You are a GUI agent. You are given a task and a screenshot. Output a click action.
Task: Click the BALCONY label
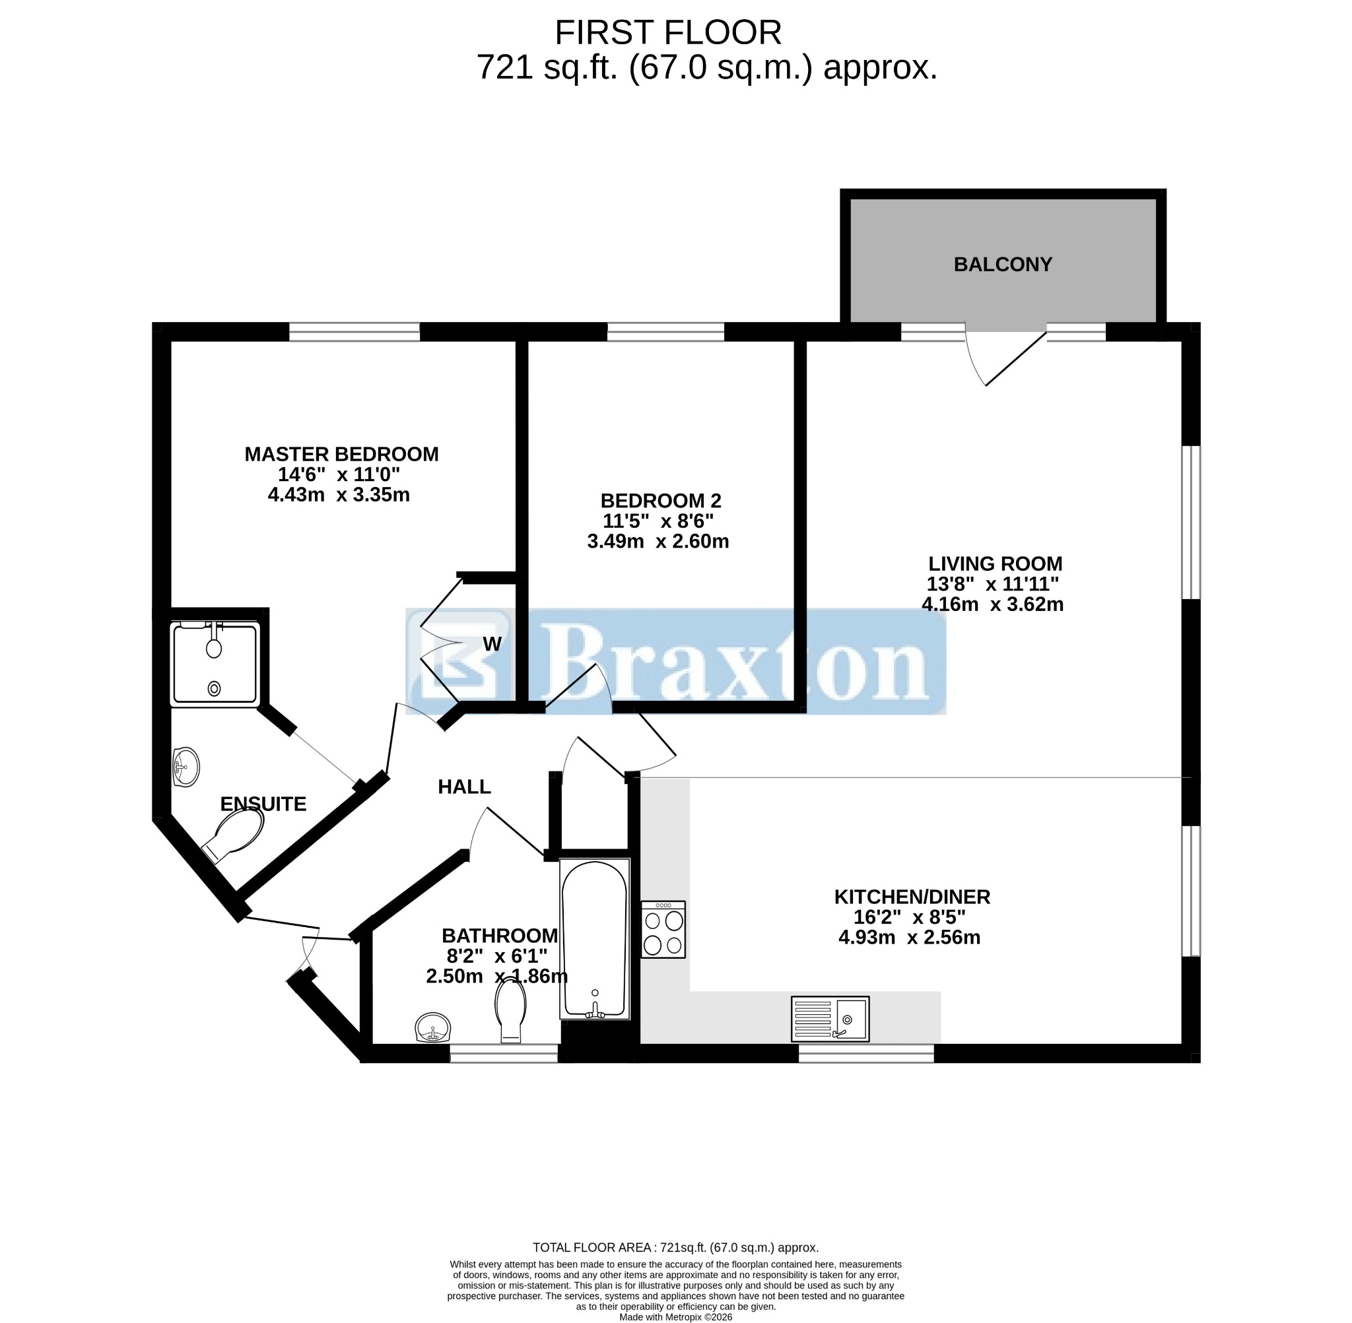point(1002,265)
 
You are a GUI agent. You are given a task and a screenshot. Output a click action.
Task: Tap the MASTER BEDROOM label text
point(341,455)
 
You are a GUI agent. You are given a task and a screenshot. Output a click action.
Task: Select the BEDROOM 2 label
point(660,500)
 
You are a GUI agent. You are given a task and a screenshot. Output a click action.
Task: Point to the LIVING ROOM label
point(996,564)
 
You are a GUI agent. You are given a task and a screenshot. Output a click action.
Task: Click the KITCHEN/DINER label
point(912,896)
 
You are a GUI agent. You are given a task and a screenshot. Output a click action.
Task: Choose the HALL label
point(464,787)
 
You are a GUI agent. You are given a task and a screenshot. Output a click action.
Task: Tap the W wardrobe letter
point(491,644)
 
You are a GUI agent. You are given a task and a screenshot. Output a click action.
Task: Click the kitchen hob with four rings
point(663,929)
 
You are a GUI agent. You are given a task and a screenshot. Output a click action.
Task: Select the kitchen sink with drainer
point(830,1019)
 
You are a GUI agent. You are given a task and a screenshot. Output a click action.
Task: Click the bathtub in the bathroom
point(594,939)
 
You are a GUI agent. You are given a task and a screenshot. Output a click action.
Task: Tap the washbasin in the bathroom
point(433,1027)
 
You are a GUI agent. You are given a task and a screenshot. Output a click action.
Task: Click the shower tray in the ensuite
point(215,664)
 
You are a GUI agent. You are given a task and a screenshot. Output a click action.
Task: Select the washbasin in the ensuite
point(186,767)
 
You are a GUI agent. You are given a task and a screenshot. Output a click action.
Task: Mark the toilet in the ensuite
point(234,835)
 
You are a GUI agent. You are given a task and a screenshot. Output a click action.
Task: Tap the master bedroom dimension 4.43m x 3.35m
point(339,495)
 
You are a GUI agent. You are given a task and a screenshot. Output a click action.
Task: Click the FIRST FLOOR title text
point(668,32)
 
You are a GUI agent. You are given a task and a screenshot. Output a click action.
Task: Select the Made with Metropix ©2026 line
point(675,1317)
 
